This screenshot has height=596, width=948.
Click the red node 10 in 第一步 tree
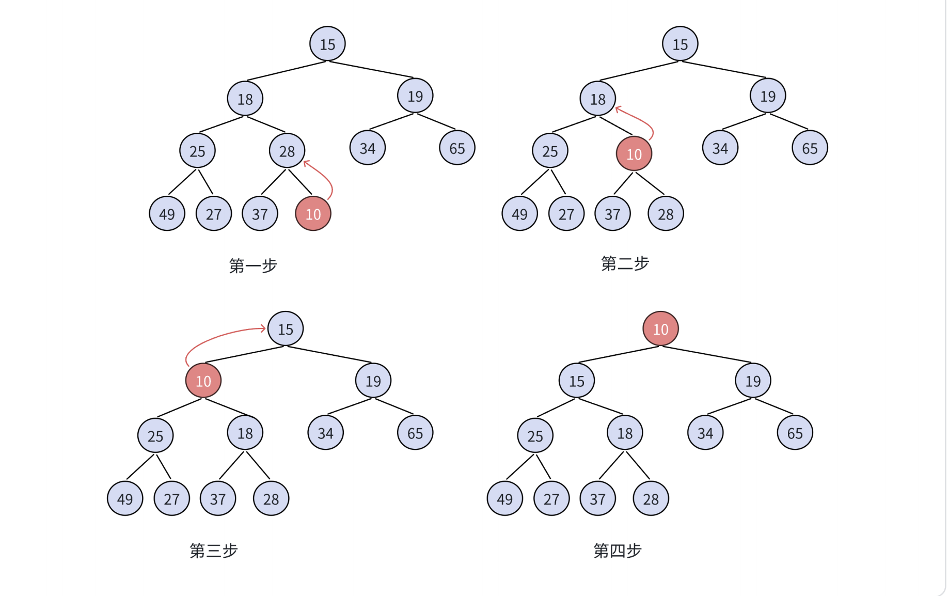coord(313,213)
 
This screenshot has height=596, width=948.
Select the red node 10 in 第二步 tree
coord(634,153)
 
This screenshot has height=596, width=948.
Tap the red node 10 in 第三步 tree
coord(203,381)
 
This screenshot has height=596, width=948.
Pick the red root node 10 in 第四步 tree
coord(660,328)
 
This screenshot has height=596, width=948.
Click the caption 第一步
coord(253,265)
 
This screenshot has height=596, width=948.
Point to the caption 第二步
coord(625,263)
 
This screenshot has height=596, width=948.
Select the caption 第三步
coord(213,551)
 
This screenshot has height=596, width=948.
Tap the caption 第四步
coord(617,551)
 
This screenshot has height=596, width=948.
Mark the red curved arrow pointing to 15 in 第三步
coord(217,335)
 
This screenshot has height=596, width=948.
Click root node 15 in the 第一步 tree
coord(327,44)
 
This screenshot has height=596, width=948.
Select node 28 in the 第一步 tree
coord(287,151)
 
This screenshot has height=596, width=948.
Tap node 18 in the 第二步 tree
coord(597,99)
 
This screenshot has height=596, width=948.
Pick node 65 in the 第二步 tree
coord(809,148)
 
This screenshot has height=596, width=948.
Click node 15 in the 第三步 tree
coord(285,328)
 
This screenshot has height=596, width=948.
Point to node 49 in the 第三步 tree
coord(125,498)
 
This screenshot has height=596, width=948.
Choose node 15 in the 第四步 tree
coord(576,381)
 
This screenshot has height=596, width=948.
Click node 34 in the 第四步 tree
coord(705,433)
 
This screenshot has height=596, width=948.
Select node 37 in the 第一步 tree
coord(260,213)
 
